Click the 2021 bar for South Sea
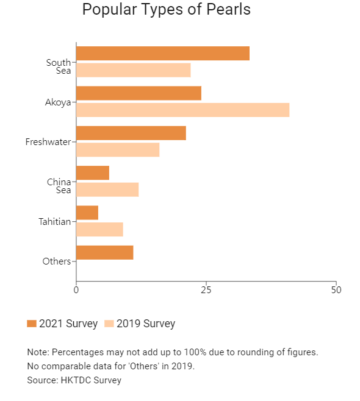point(163,54)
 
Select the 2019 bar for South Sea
point(134,70)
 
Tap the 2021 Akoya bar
point(139,93)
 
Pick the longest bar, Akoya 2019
point(183,110)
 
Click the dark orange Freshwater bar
point(131,133)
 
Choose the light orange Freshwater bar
point(118,150)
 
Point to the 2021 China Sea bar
point(93,173)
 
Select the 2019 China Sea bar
point(107,190)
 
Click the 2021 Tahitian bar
point(87,213)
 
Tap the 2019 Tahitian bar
point(99,229)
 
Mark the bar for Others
point(105,253)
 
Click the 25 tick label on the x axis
point(206,290)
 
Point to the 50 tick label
point(336,290)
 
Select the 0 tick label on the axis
point(76,290)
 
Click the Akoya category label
point(58,102)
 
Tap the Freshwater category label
point(48,142)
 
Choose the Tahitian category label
point(54,222)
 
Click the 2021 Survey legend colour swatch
point(32,324)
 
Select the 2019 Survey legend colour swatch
point(109,324)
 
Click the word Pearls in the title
point(228,10)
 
